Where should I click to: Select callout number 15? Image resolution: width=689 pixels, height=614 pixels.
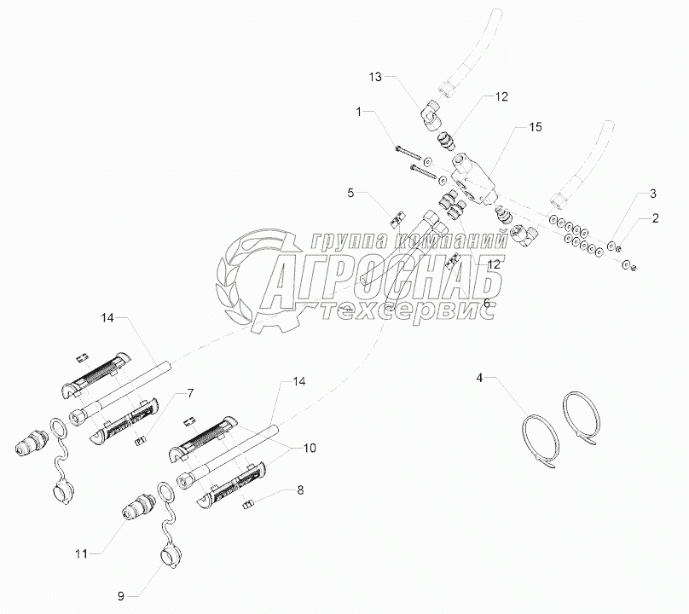535,127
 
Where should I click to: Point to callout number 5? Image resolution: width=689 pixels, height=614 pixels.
350,194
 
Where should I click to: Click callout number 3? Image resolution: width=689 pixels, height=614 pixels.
652,194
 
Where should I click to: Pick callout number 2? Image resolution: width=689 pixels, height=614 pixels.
656,218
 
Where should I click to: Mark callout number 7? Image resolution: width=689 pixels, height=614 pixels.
190,393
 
